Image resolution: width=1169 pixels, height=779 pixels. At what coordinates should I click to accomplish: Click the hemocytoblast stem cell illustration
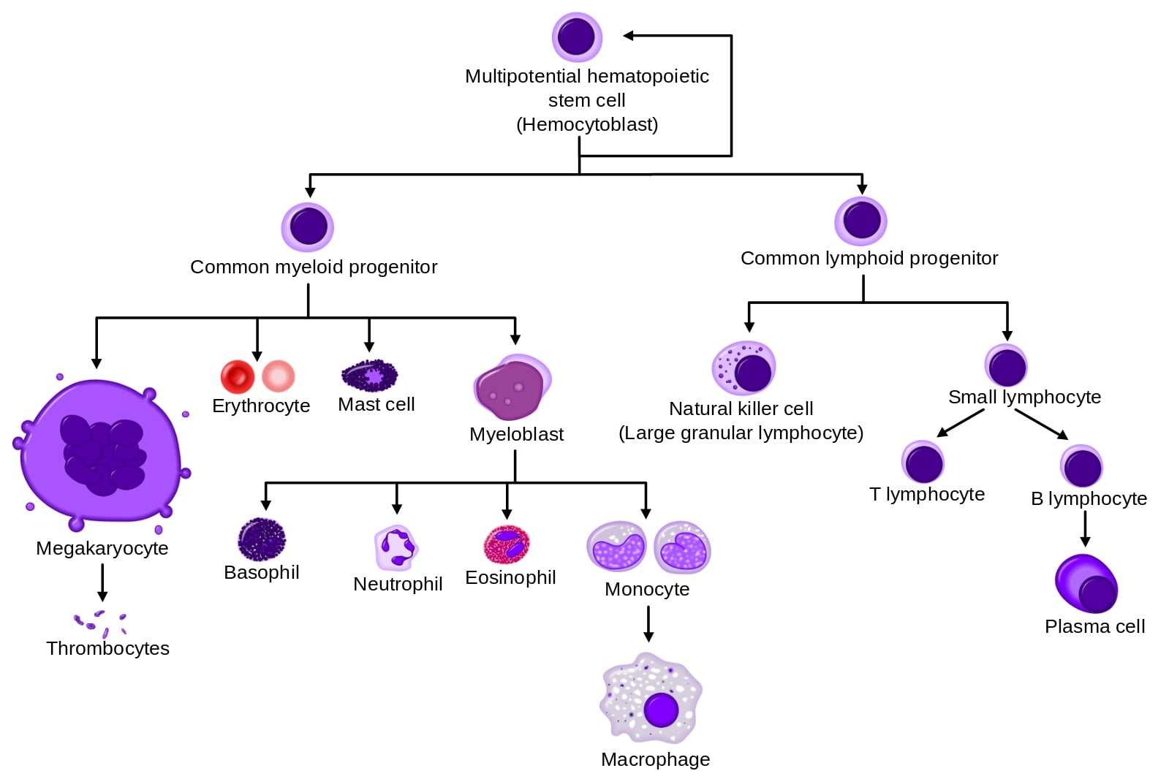[x=577, y=37]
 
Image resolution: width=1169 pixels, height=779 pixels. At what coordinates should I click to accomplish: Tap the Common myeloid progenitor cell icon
[x=308, y=227]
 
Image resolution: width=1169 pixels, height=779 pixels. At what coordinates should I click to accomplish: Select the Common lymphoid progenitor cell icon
[x=861, y=221]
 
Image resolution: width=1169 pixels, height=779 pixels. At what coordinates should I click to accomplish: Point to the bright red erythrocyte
[x=237, y=376]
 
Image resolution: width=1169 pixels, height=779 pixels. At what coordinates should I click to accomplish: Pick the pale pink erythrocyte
[x=279, y=376]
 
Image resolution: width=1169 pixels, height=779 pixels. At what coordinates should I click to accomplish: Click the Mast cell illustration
[x=370, y=376]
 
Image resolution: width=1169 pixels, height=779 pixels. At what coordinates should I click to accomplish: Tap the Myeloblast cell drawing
[x=512, y=387]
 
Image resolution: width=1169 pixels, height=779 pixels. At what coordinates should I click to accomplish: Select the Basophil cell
[x=262, y=539]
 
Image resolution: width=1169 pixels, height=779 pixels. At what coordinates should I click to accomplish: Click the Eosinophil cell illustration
[x=507, y=544]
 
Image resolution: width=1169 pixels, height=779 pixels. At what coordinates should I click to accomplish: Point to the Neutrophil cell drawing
[x=396, y=547]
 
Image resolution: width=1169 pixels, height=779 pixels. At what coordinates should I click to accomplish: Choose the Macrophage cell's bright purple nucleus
[x=662, y=709]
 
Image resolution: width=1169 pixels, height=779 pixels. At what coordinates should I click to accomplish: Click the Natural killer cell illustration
[x=744, y=368]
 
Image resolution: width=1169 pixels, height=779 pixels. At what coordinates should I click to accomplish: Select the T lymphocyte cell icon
[x=923, y=462]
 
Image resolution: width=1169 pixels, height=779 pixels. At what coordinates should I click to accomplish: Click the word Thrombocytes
[x=107, y=648]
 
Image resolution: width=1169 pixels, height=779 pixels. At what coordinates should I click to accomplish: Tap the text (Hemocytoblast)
[x=587, y=124]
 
